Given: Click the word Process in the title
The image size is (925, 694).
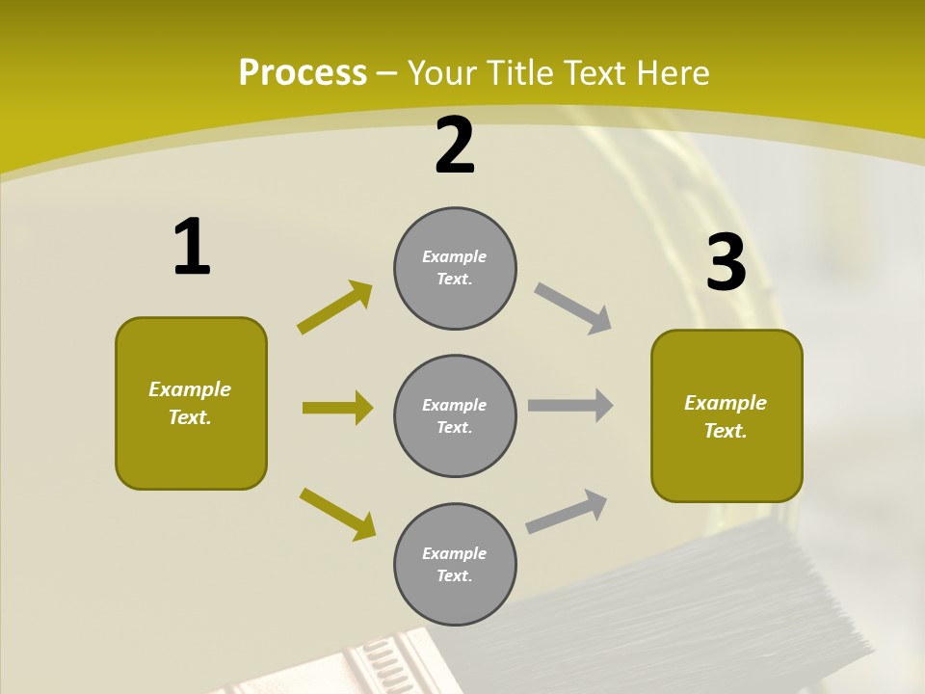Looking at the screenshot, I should tap(303, 73).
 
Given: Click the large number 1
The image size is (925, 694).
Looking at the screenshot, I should tap(192, 247).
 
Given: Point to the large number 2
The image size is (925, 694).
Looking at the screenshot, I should tap(455, 146).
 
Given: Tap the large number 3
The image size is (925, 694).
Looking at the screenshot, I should tap(726, 263).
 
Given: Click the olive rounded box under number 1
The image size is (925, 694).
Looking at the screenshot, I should tap(191, 403).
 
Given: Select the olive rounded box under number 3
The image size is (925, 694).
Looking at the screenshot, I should tap(727, 415).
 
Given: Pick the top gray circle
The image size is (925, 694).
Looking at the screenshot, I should tap(455, 268).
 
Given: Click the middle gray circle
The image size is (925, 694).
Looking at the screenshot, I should tap(455, 415).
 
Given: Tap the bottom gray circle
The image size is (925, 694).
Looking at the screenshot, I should tap(455, 564).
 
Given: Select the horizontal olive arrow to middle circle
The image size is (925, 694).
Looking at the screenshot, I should tap(337, 408).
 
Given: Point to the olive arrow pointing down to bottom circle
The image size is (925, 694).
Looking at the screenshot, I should tap(337, 513).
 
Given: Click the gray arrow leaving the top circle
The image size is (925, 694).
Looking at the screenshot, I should tap(572, 307).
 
